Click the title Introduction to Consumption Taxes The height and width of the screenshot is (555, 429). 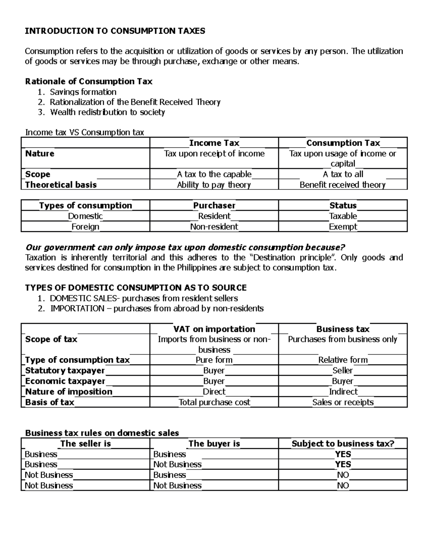click(115, 31)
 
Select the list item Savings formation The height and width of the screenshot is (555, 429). click(83, 92)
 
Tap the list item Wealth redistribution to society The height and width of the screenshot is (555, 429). click(107, 112)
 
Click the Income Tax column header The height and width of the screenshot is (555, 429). click(214, 143)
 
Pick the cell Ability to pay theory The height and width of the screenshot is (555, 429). click(214, 185)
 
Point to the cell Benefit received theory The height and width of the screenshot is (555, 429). click(342, 185)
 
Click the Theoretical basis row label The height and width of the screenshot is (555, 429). click(61, 185)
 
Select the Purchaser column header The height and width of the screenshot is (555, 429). click(214, 205)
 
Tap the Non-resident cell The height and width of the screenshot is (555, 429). click(214, 227)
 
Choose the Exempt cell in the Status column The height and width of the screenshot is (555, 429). click(343, 227)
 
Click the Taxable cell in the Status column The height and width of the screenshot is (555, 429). click(343, 216)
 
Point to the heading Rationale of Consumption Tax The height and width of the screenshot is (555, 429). click(89, 81)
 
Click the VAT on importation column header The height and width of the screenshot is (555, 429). click(214, 329)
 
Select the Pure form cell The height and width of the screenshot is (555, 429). click(214, 360)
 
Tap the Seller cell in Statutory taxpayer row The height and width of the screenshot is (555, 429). click(342, 371)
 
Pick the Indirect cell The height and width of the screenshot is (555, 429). click(343, 392)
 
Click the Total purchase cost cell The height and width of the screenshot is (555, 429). click(214, 402)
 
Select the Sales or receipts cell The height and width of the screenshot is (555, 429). click(343, 402)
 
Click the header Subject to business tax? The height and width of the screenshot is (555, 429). click(343, 444)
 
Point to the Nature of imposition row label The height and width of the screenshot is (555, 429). click(69, 392)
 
